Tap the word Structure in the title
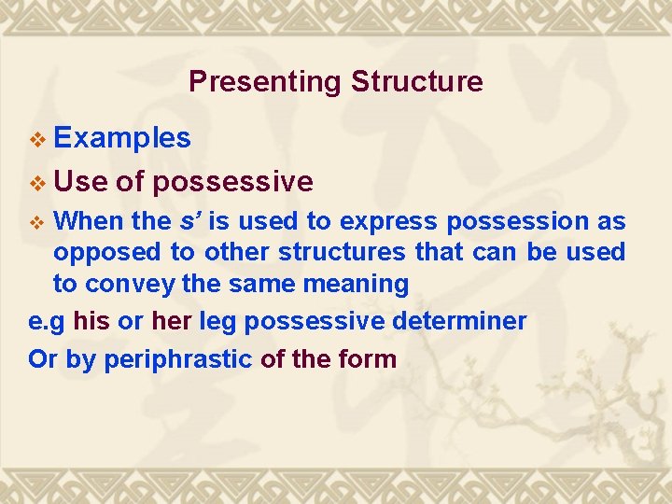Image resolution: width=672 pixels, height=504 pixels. coord(417,82)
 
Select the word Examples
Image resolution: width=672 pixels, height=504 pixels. coord(122,139)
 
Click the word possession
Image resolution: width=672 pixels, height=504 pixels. coord(516,222)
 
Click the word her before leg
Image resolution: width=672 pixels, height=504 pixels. coord(171,322)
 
